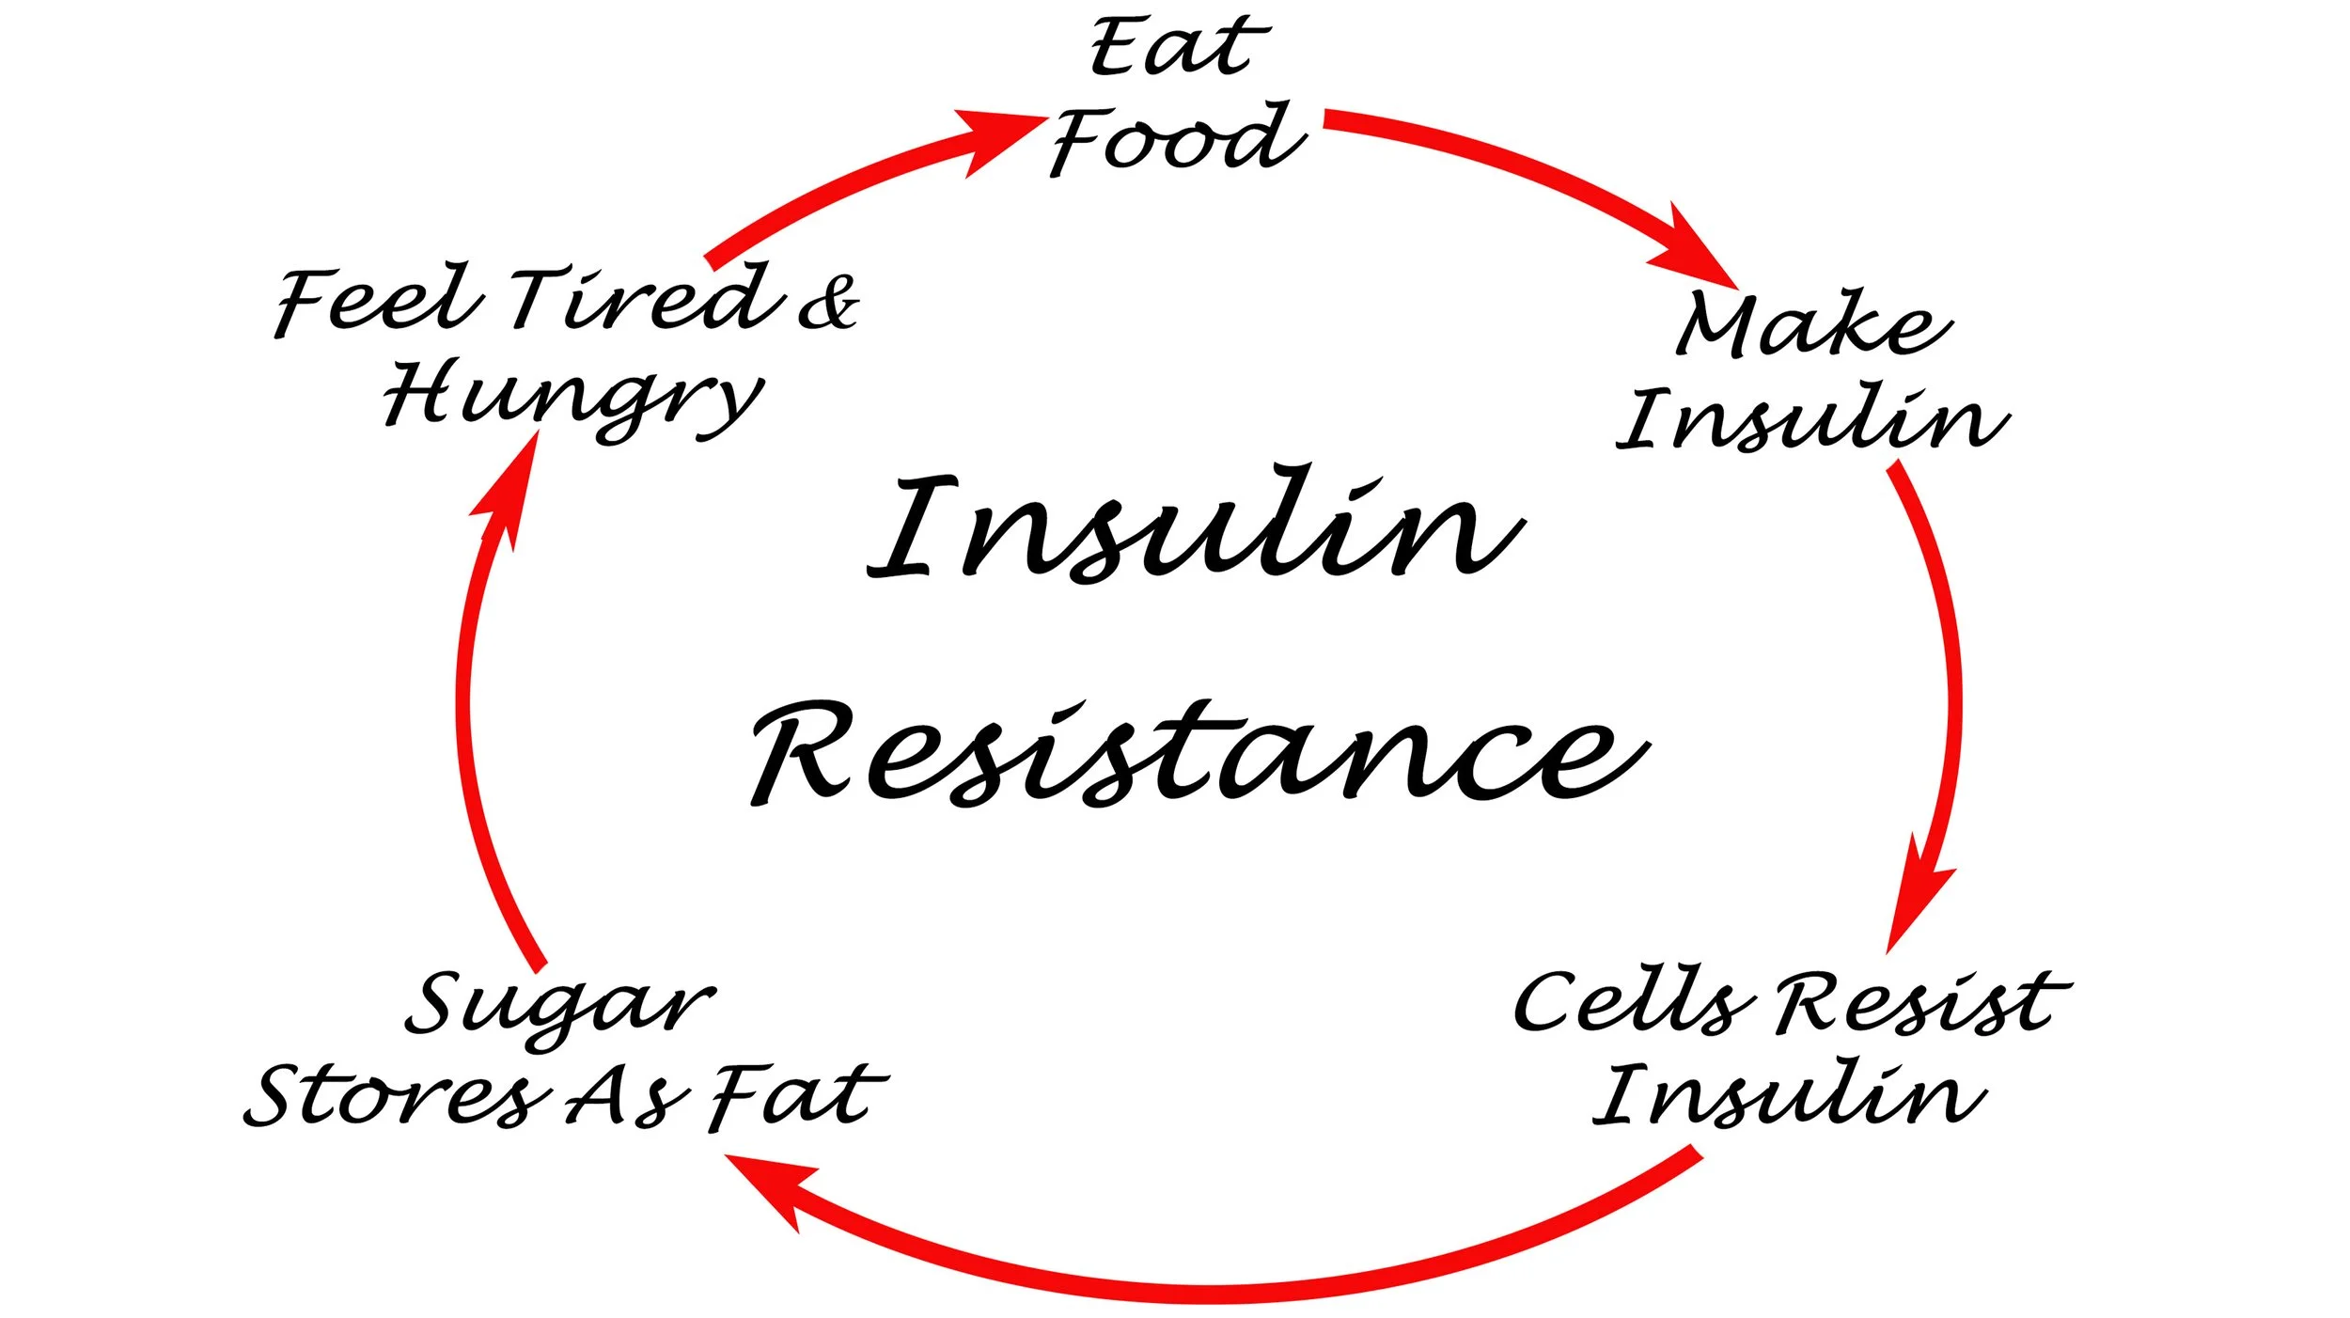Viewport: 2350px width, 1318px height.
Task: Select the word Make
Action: [x=1813, y=324]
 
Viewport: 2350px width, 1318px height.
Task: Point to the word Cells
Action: [x=1633, y=1003]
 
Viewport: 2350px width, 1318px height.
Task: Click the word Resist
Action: [x=1921, y=1003]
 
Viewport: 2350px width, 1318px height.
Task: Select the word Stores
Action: [x=395, y=1096]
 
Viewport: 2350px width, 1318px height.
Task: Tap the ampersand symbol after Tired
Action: [x=828, y=303]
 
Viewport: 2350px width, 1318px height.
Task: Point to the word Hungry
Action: [x=573, y=397]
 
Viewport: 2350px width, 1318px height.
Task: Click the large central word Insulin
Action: [x=1194, y=526]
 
